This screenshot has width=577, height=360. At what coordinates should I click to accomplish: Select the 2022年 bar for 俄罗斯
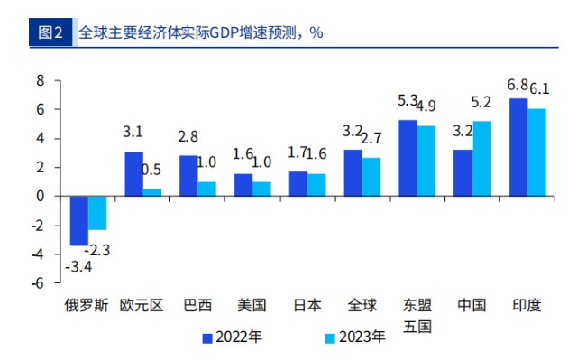(x=78, y=220)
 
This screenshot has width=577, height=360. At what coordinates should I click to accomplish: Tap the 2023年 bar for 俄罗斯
(x=96, y=212)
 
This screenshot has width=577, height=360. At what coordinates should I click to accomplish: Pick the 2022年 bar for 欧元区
(x=133, y=173)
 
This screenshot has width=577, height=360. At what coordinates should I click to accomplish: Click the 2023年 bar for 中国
(x=482, y=158)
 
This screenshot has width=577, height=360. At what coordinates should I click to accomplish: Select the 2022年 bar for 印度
(x=518, y=146)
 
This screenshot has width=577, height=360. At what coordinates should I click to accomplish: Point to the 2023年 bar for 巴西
(x=206, y=189)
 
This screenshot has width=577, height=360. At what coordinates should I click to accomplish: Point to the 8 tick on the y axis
(x=40, y=80)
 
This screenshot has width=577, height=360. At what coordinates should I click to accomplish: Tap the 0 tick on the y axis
(x=40, y=196)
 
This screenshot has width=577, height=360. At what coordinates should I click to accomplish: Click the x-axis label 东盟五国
(x=417, y=315)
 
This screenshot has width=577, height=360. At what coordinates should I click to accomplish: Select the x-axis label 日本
(x=307, y=305)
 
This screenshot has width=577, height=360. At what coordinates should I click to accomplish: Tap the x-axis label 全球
(x=362, y=305)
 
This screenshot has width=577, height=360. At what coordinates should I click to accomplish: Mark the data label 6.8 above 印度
(x=517, y=85)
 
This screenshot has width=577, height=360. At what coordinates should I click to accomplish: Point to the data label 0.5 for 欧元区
(x=151, y=170)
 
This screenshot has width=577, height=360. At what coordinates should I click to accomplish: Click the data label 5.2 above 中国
(x=481, y=103)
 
